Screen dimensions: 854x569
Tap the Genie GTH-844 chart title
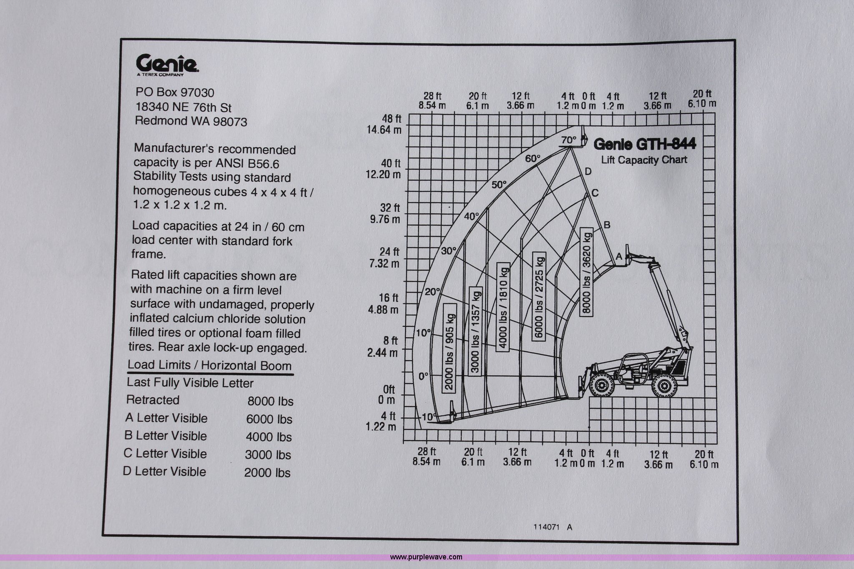click(x=644, y=144)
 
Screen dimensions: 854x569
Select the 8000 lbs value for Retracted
click(x=270, y=401)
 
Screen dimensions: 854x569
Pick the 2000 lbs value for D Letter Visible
click(x=267, y=473)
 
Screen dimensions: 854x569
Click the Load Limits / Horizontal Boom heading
click(x=209, y=365)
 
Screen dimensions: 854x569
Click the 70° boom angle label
click(x=568, y=140)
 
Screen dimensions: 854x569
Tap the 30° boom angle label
click(x=449, y=251)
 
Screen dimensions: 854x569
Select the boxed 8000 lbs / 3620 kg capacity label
click(x=586, y=271)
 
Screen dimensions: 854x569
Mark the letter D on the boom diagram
click(x=588, y=171)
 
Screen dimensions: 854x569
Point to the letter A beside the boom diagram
click(x=619, y=257)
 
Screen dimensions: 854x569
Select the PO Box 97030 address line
click(x=175, y=92)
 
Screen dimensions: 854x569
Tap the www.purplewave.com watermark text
click(x=426, y=557)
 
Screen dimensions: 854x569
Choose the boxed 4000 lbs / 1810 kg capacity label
click(x=503, y=307)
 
